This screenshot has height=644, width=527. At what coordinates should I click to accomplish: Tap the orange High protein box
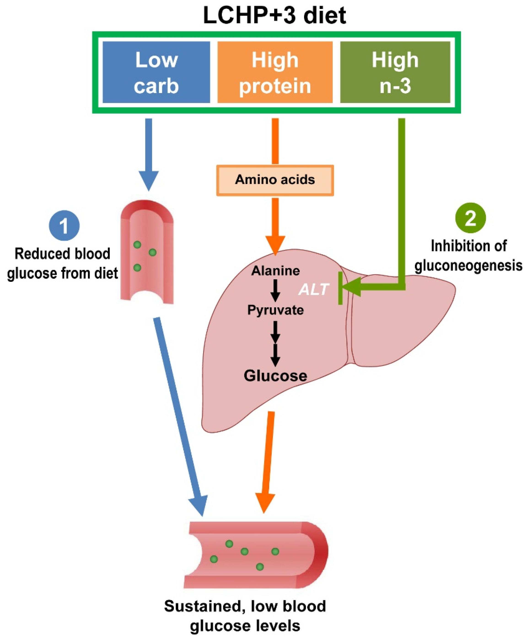tap(275, 72)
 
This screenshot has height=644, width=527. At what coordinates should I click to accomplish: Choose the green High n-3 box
tap(395, 72)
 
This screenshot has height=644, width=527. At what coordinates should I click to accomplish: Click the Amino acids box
tap(275, 180)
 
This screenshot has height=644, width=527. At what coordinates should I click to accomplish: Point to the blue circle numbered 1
tap(64, 226)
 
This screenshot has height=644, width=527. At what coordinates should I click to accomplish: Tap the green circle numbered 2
tap(470, 218)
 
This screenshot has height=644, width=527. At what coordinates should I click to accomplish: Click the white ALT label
tap(313, 289)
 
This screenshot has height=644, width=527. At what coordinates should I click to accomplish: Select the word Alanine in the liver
tap(275, 271)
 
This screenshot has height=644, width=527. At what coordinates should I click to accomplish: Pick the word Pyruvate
tap(275, 310)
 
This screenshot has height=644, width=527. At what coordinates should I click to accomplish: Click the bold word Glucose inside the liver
tap(275, 376)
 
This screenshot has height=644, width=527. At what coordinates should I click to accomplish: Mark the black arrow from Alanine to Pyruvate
tap(275, 290)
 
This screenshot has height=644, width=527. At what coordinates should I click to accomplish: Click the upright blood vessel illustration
tap(147, 252)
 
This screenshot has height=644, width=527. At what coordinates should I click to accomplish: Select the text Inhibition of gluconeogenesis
tap(468, 256)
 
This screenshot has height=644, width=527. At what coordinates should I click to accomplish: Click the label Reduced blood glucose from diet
tap(62, 263)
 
